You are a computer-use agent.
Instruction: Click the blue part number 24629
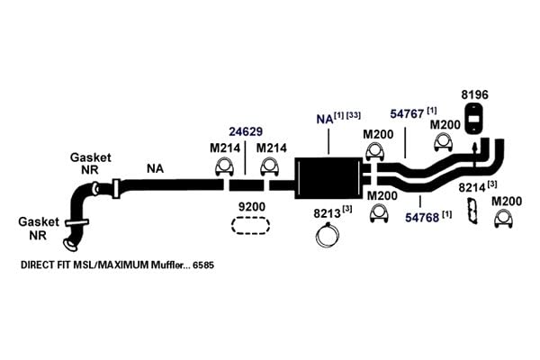click(x=246, y=131)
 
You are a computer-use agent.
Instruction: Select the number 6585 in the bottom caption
click(x=203, y=265)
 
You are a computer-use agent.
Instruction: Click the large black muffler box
click(x=328, y=178)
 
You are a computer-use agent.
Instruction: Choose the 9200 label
click(x=252, y=207)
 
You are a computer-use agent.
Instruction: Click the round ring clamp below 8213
click(x=328, y=236)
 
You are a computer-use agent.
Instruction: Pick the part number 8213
click(x=327, y=213)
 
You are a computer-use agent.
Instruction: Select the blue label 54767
click(x=407, y=114)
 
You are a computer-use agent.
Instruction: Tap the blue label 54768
click(x=422, y=218)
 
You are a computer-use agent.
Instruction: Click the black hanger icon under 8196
click(x=474, y=119)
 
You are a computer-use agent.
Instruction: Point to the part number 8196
click(x=475, y=94)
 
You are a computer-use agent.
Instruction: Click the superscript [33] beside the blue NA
click(x=354, y=115)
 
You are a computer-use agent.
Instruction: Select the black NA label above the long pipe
click(x=156, y=168)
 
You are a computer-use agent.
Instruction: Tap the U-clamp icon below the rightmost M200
click(x=503, y=218)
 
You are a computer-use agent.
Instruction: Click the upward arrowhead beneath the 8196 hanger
click(x=474, y=147)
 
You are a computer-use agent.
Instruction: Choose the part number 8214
click(x=472, y=188)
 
